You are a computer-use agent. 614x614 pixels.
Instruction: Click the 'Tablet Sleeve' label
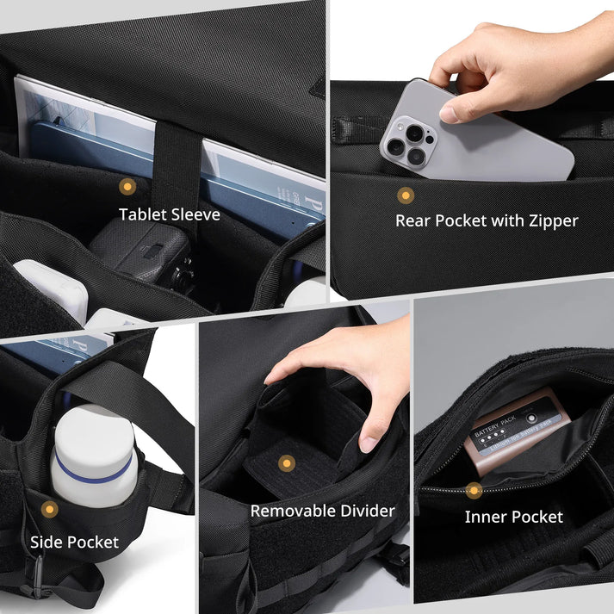pos(170,214)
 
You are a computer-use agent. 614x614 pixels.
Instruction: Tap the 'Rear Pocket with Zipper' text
pos(487,220)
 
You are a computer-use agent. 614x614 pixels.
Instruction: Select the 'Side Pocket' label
pos(74,542)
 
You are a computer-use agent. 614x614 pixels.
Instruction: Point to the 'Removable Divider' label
pos(322,511)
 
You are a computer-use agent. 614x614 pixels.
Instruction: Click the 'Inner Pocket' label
pos(513,517)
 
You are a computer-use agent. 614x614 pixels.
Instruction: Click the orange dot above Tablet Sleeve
pos(127,186)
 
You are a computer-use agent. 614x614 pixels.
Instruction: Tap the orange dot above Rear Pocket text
pos(405,195)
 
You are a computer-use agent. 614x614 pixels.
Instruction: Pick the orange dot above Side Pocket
pos(50,510)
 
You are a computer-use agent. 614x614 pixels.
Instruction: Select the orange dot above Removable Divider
pos(287,463)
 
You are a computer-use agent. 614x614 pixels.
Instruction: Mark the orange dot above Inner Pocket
pos(473,491)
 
